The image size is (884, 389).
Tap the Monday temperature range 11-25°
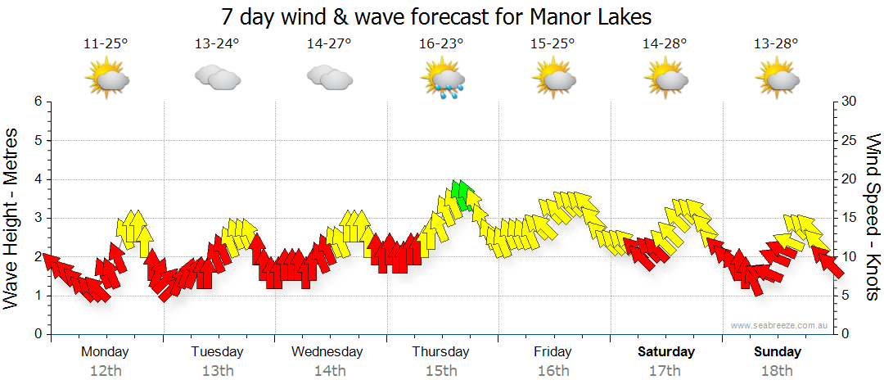click(106, 44)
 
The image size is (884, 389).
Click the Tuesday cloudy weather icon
click(217, 78)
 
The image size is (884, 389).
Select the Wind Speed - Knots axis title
click(873, 217)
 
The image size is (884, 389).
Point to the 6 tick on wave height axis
click(37, 102)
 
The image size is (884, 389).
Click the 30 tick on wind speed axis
click(850, 102)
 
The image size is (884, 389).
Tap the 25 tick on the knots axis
click(850, 141)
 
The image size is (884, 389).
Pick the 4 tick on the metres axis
click(37, 179)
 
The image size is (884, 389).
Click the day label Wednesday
click(327, 352)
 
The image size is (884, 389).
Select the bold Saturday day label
click(666, 352)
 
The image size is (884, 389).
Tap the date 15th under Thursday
click(440, 371)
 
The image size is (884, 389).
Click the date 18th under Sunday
click(777, 371)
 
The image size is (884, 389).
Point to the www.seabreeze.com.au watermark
click(781, 325)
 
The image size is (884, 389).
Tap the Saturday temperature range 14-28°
click(665, 44)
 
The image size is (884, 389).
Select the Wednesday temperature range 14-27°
click(329, 44)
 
